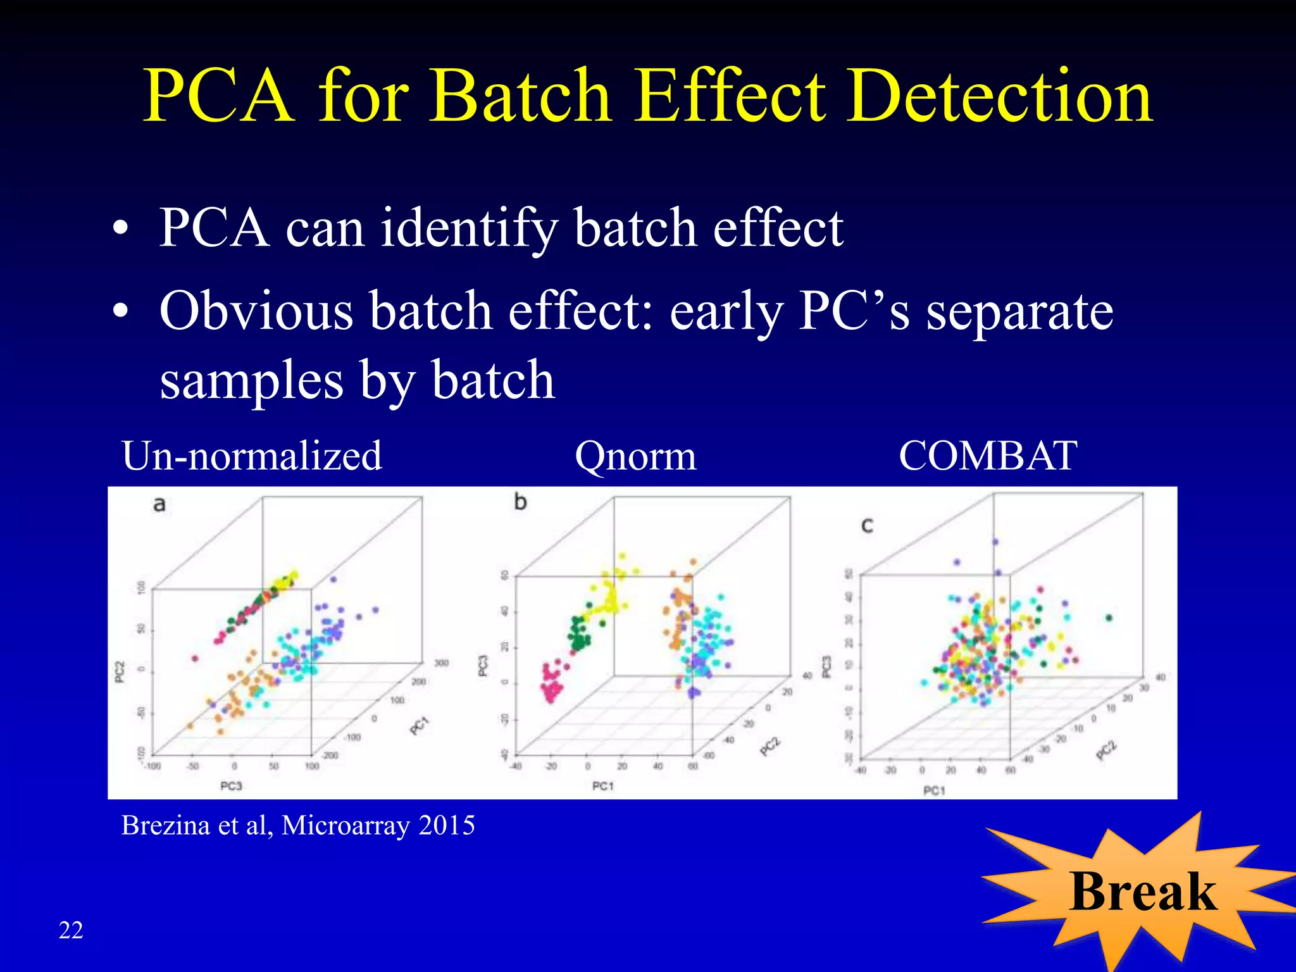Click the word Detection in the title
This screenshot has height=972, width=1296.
(1000, 96)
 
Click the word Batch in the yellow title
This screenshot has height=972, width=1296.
(520, 96)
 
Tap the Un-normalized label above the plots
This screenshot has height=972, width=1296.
(252, 456)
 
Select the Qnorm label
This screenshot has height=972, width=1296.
(635, 456)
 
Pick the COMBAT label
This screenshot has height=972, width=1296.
(988, 455)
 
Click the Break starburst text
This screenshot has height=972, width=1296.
(1143, 892)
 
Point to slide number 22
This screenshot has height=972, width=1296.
(71, 930)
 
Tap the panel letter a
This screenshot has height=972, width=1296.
(159, 504)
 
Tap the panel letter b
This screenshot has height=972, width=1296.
(520, 502)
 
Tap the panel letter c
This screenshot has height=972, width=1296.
(867, 525)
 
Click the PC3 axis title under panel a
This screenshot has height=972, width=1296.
(231, 786)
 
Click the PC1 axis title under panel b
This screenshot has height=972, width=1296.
(602, 786)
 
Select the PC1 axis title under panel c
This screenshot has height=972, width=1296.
(934, 790)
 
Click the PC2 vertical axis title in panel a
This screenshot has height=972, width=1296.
(120, 672)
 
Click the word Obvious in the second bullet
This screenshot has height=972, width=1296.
(256, 311)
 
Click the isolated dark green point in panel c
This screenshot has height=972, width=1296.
(1109, 618)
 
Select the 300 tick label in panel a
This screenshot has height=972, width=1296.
(440, 663)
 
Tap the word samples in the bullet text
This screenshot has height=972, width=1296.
(251, 380)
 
